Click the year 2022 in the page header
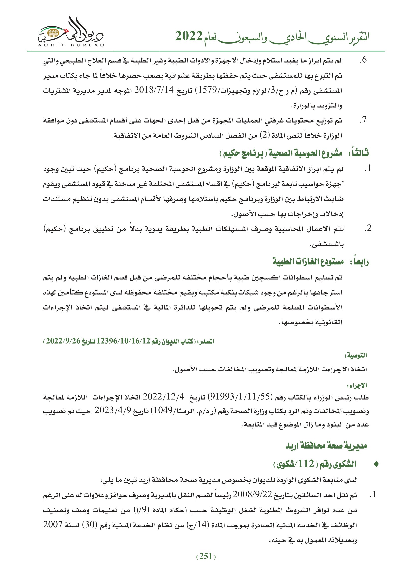coord(189,36)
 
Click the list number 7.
coord(363,120)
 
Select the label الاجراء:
coord(357,386)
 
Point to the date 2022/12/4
coord(163,397)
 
